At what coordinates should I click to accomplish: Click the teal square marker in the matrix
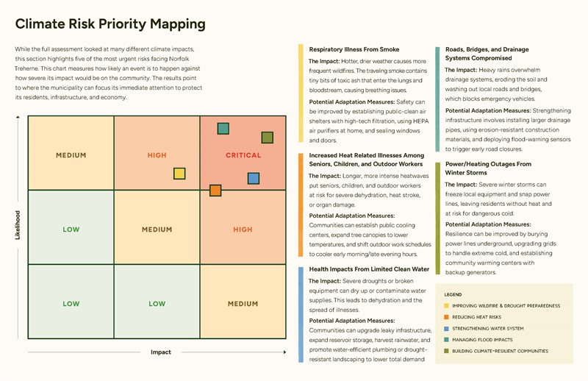pyautogui.click(x=223, y=129)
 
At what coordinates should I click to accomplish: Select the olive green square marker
pyautogui.click(x=268, y=138)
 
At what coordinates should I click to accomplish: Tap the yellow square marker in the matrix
pyautogui.click(x=179, y=174)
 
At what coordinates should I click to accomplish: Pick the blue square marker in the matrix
pyautogui.click(x=254, y=178)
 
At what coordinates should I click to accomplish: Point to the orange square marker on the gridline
pyautogui.click(x=215, y=190)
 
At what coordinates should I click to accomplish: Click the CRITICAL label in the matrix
pyautogui.click(x=243, y=155)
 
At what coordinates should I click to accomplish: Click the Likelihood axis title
pyautogui.click(x=18, y=225)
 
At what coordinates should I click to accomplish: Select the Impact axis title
pyautogui.click(x=161, y=352)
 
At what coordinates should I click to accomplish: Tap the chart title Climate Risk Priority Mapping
pyautogui.click(x=110, y=24)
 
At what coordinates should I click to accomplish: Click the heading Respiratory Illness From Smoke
pyautogui.click(x=354, y=49)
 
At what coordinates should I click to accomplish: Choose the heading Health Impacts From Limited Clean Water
pyautogui.click(x=369, y=268)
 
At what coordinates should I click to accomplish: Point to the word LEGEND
pyautogui.click(x=453, y=295)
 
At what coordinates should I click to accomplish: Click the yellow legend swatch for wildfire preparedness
pyautogui.click(x=446, y=305)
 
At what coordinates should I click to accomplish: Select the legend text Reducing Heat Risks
pyautogui.click(x=476, y=317)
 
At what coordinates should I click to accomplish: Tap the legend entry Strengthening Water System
pyautogui.click(x=484, y=329)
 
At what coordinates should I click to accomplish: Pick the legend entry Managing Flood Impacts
pyautogui.click(x=478, y=340)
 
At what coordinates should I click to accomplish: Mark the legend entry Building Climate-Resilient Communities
pyautogui.click(x=496, y=351)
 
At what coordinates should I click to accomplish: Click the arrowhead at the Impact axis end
pyautogui.click(x=284, y=352)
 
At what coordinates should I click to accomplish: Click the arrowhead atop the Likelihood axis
pyautogui.click(x=18, y=117)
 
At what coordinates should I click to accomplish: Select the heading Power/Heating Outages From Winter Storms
pyautogui.click(x=488, y=168)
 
